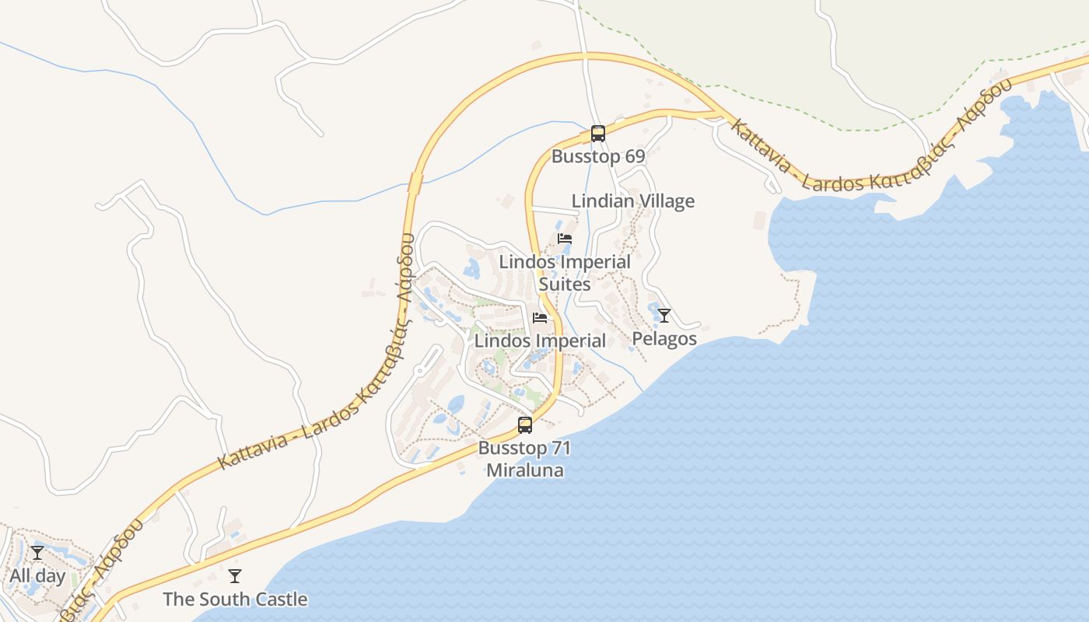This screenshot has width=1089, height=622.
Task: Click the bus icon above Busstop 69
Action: pyautogui.click(x=597, y=133)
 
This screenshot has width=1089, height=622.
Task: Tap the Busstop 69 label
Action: pyautogui.click(x=597, y=156)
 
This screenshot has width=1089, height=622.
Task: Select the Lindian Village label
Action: pyautogui.click(x=632, y=201)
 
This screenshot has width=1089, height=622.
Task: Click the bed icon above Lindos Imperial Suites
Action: pyautogui.click(x=565, y=239)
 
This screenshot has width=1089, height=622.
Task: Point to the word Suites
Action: pyautogui.click(x=565, y=285)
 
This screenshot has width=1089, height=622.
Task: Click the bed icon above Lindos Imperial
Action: pyautogui.click(x=540, y=318)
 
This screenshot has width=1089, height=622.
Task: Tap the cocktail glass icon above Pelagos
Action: pyautogui.click(x=664, y=315)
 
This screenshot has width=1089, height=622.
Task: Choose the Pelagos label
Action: pyautogui.click(x=664, y=339)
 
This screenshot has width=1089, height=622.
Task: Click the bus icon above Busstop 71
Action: pyautogui.click(x=525, y=425)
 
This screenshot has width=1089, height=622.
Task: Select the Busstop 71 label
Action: pyautogui.click(x=524, y=449)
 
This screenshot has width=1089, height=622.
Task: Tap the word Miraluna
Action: pyautogui.click(x=524, y=470)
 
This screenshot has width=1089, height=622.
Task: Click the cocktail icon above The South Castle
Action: pyautogui.click(x=235, y=576)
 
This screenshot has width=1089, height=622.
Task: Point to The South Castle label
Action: pyautogui.click(x=235, y=599)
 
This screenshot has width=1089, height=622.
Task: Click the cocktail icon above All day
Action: pyautogui.click(x=37, y=553)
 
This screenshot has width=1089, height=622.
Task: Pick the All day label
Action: pyautogui.click(x=37, y=576)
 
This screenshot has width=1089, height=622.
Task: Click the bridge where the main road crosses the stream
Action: pyautogui.click(x=415, y=183)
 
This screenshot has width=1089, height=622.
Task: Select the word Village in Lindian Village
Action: pyautogui.click(x=666, y=201)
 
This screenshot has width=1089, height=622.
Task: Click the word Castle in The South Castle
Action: pyautogui.click(x=280, y=599)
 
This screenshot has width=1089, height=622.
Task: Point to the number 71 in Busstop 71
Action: pyautogui.click(x=560, y=449)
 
